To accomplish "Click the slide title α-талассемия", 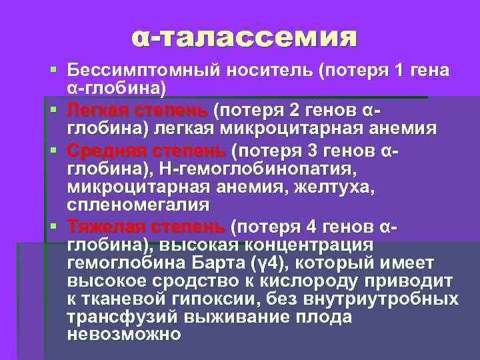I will coord(243,37).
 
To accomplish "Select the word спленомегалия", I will coord(137,205).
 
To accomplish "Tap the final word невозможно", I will coord(124,335).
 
